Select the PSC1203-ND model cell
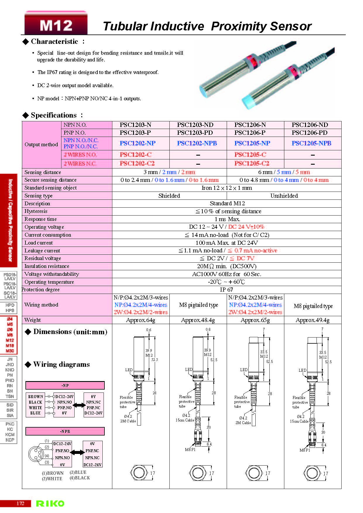tap(195, 125)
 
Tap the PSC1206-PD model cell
tap(309, 133)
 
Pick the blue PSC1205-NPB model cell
tap(311, 143)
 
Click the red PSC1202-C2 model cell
tap(137, 163)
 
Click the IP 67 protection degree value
tap(226, 290)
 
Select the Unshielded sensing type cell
tap(284, 196)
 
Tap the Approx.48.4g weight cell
tap(198, 320)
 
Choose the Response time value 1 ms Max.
tap(227, 219)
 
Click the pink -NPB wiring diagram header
tap(65, 431)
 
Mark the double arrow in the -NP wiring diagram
tap(79, 405)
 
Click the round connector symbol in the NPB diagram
tap(36, 454)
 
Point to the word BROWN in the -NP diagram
tap(35, 397)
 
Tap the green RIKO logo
tap(50, 503)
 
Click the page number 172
tap(20, 503)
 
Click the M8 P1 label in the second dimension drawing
tap(190, 450)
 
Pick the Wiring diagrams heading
tap(61, 364)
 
